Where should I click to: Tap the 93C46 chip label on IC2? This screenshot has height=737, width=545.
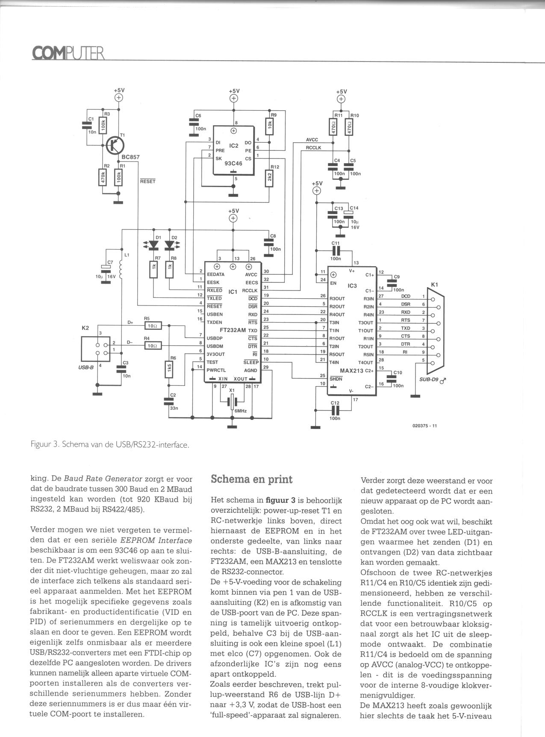coord(233,163)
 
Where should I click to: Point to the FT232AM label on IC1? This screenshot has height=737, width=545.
coord(233,330)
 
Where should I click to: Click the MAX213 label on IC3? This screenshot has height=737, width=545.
coord(351,370)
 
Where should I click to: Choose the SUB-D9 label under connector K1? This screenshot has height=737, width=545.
coord(428,379)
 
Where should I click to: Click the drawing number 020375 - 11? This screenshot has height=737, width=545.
coord(424,426)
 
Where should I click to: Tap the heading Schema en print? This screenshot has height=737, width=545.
coord(252,479)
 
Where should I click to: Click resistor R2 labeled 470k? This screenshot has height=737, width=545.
coord(103,178)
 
